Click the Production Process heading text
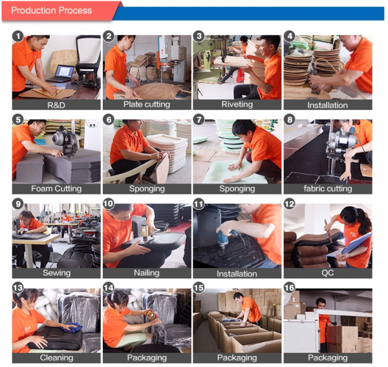point(51,10)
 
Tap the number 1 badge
point(18,36)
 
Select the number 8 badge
point(290,120)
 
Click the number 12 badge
point(290,204)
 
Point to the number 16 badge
point(290,288)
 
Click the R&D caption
point(56,105)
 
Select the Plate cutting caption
point(147,105)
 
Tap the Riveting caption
point(237,105)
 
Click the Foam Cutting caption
point(56,189)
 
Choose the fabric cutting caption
point(328,189)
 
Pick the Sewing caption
point(56,273)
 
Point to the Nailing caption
point(147,273)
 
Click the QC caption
point(328,273)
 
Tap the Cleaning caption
point(56,357)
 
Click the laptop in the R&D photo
point(61,74)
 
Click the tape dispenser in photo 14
point(151,315)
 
